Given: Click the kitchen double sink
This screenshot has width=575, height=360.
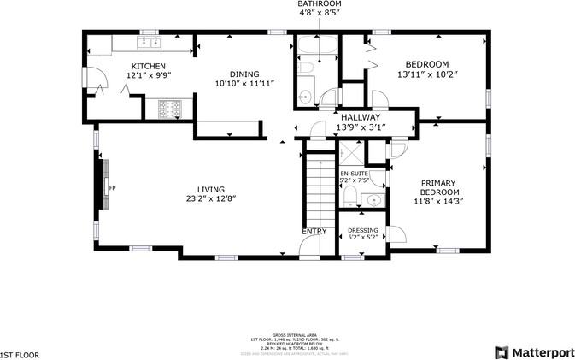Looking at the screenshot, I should point(150,40).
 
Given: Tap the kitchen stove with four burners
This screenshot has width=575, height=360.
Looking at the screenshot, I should point(167,108).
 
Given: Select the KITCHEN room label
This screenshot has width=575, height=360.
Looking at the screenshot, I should point(148,66).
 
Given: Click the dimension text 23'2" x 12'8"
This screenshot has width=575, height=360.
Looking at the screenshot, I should point(211,198).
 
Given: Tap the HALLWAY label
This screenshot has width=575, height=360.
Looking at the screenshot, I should point(359,117).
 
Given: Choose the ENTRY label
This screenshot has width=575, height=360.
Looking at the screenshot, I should point(314,232).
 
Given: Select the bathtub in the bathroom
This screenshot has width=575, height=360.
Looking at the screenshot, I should point(320,48).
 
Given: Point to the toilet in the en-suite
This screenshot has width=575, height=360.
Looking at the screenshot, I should point(349,196).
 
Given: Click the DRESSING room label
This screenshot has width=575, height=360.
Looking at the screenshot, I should point(363,230).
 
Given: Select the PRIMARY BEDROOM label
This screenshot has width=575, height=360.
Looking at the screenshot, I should point(438,187).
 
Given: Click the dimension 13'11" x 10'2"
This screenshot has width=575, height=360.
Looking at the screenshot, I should point(428,74).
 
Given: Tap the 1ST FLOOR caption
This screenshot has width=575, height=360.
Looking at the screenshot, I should point(19,353).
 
